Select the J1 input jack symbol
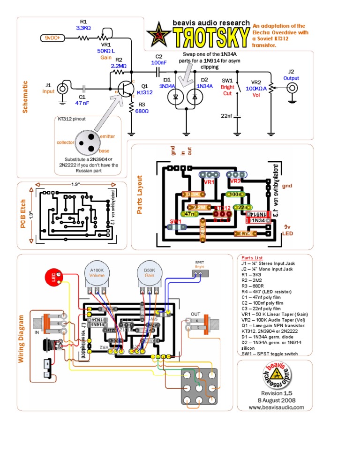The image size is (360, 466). click(62, 88)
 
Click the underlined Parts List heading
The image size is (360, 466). click(252, 258)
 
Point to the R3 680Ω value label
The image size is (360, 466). click(142, 111)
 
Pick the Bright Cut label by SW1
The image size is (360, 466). click(227, 90)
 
